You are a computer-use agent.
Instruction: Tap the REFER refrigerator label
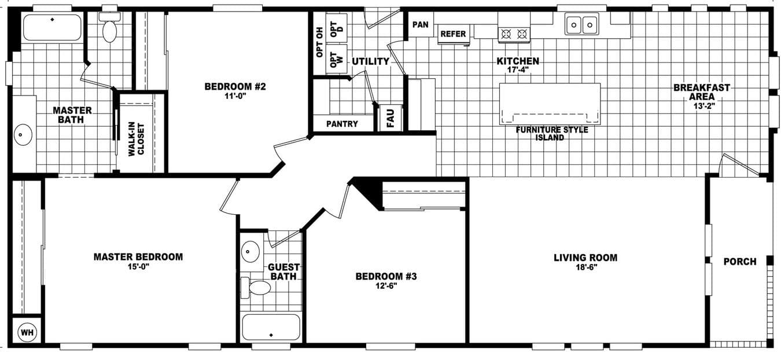pos(453,34)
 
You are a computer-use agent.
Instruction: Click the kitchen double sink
pos(581,25)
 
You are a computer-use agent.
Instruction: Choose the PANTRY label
pos(342,124)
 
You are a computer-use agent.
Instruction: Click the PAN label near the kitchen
pos(421,24)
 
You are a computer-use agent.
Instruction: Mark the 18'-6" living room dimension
pos(585,268)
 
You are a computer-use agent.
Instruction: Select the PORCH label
pos(739,262)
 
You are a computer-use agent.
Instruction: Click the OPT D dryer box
pos(336,27)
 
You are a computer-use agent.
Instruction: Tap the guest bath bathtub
pos(271,327)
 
